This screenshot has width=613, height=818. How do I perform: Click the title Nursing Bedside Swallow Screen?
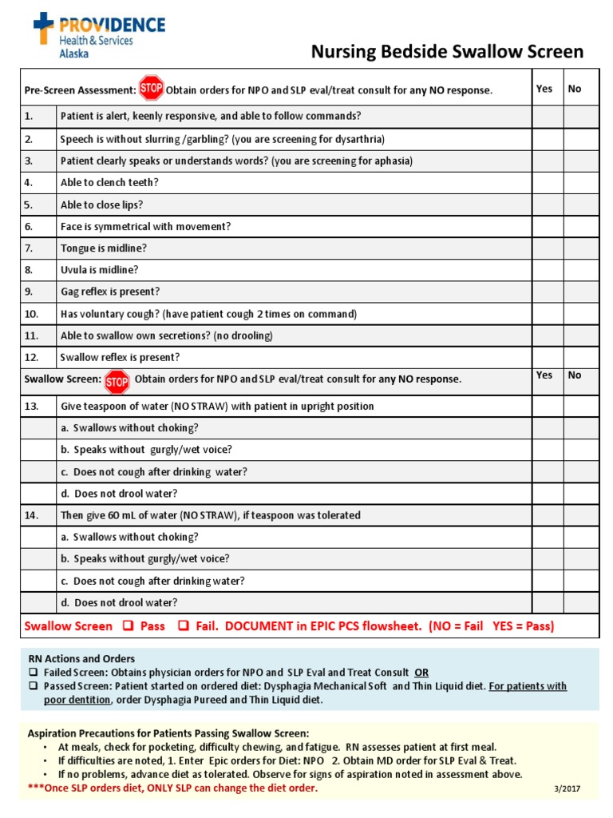(x=447, y=53)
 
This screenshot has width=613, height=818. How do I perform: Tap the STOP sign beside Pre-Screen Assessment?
(x=151, y=87)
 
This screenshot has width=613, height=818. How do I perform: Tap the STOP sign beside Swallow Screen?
(x=117, y=380)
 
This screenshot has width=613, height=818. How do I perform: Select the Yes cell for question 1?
(x=548, y=117)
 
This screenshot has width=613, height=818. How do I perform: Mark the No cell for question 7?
(x=581, y=248)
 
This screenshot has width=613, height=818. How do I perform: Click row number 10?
(x=32, y=314)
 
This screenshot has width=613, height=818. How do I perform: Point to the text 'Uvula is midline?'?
(x=99, y=270)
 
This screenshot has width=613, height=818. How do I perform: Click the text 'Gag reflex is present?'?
(x=109, y=292)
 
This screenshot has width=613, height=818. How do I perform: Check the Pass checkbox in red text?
(x=128, y=626)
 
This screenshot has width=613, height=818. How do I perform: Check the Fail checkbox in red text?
(x=183, y=626)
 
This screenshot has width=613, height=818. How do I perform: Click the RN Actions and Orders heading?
(x=81, y=659)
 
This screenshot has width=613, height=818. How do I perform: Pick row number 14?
(x=32, y=515)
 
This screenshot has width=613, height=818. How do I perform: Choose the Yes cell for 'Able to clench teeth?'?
(x=548, y=182)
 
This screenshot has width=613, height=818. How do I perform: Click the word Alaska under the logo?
(x=74, y=54)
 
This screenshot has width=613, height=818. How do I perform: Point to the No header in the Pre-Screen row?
(x=575, y=89)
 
